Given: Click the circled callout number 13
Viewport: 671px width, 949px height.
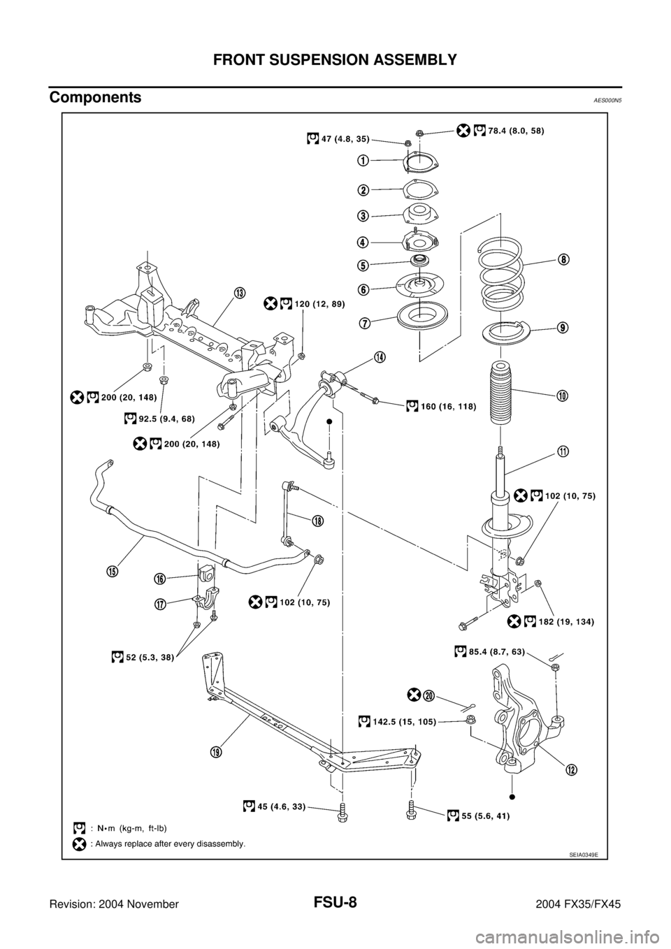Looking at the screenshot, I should pos(239,293).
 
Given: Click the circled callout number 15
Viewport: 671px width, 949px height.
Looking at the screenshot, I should pos(112,571).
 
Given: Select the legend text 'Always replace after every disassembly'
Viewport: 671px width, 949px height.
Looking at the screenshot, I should pos(168,843).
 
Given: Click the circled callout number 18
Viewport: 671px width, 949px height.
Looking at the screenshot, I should pos(317,521).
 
